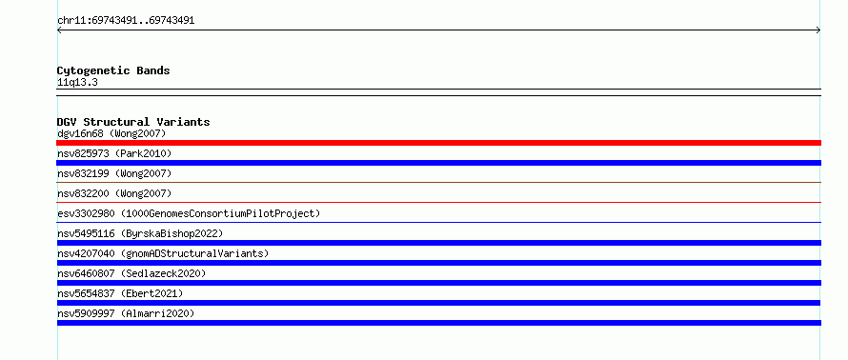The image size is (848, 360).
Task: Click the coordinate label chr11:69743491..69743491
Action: (x=126, y=21)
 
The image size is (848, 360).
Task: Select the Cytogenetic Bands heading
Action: (x=113, y=70)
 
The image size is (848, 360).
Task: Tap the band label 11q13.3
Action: (x=77, y=83)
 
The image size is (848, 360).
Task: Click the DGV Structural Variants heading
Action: (x=133, y=122)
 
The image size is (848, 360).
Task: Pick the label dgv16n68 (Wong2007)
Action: (x=111, y=133)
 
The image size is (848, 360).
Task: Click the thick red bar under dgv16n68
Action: (x=438, y=143)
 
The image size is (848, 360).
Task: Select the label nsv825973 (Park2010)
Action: (x=114, y=153)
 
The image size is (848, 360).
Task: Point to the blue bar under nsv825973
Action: (x=438, y=163)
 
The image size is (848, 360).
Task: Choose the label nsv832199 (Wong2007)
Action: (x=114, y=173)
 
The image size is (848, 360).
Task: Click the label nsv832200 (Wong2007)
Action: (x=114, y=193)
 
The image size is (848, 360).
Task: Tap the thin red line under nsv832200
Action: (x=438, y=202)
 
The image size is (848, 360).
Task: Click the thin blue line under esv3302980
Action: (x=438, y=222)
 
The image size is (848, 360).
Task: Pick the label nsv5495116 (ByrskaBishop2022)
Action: (x=140, y=233)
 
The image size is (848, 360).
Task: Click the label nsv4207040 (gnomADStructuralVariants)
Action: (x=163, y=253)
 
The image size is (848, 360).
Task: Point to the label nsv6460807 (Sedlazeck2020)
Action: (x=131, y=273)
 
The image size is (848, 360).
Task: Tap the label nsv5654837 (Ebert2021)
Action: (x=120, y=293)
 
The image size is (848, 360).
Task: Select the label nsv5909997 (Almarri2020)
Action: (x=126, y=313)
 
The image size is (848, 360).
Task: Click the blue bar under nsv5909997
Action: (x=438, y=323)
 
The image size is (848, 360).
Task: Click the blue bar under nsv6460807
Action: (x=438, y=283)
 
